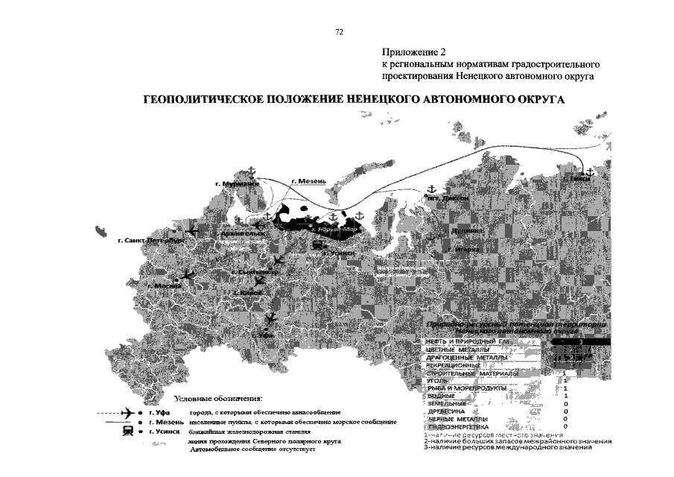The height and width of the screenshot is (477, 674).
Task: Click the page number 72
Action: [x=339, y=32]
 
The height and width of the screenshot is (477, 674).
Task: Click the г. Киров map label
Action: [x=247, y=294]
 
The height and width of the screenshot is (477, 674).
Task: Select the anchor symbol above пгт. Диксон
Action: [x=430, y=187]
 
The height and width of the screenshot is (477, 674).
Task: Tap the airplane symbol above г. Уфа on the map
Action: [x=270, y=318]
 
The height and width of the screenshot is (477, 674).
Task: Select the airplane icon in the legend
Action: [x=128, y=412]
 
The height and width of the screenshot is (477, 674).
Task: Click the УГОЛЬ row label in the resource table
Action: [x=437, y=381]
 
